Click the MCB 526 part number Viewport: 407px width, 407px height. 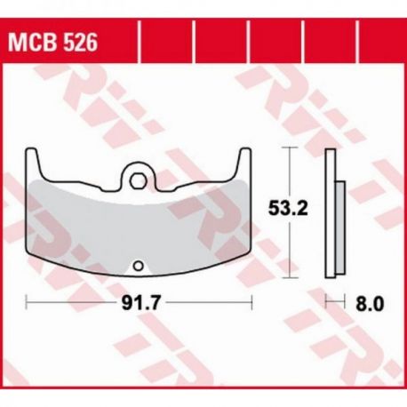coord(52,43)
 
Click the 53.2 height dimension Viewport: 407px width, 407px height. coord(288,208)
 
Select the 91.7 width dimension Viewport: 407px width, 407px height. coord(141,302)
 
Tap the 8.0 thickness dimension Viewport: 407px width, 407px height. coord(370,303)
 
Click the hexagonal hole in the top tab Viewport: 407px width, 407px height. coord(137,180)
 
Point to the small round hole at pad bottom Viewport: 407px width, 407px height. coord(138,266)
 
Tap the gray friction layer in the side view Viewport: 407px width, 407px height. coord(340,227)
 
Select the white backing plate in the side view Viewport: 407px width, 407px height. coord(331,213)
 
